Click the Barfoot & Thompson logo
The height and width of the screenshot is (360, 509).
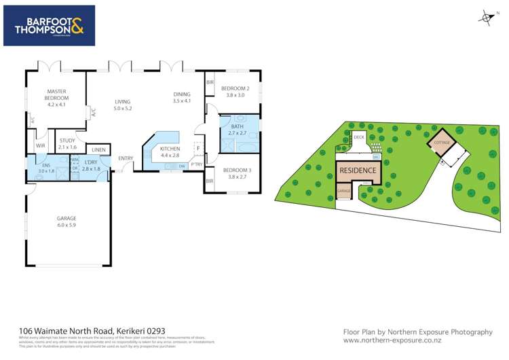coord(49,25)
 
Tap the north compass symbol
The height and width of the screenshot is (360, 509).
coord(485,18)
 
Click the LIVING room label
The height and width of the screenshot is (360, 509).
coord(122,105)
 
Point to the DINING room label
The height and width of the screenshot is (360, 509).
coord(182,97)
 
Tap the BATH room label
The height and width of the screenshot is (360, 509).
coord(237,129)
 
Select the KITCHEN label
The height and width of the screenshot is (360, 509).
coord(170,151)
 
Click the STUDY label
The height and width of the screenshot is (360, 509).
coord(67,143)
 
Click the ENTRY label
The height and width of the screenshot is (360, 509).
coord(126,158)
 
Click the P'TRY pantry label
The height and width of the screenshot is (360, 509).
coord(197,164)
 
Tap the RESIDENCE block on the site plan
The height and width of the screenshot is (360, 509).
coord(357,170)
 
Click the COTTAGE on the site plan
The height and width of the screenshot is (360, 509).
coord(442,143)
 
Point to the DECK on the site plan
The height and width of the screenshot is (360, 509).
coord(359,137)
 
